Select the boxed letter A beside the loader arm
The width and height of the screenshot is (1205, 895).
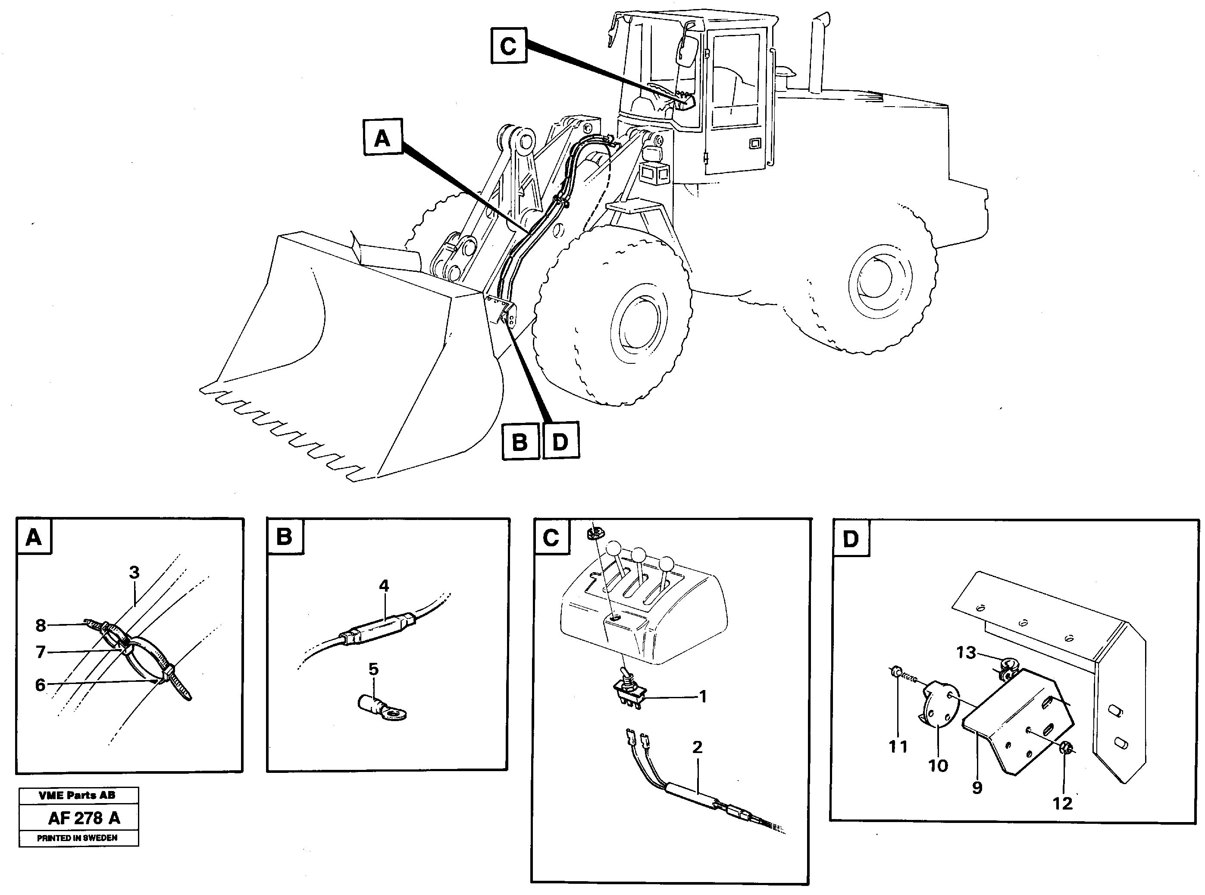click(x=382, y=138)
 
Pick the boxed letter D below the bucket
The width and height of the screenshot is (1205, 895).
click(x=560, y=441)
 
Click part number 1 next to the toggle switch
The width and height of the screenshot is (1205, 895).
click(x=703, y=696)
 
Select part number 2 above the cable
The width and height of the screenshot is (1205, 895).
click(x=697, y=747)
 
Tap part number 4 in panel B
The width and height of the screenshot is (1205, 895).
click(x=384, y=586)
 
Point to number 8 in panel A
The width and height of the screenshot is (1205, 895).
click(x=41, y=625)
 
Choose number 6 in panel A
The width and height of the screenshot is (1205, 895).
click(x=41, y=685)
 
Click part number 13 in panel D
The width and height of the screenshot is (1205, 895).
click(x=966, y=652)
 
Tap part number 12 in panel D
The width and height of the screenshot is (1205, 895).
click(x=1063, y=803)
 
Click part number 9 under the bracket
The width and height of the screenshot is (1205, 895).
click(x=977, y=787)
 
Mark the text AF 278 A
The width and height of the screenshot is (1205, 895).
click(x=84, y=818)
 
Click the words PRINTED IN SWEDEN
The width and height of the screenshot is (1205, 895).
click(x=78, y=838)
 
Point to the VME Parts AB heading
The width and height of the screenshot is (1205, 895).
click(x=78, y=795)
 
